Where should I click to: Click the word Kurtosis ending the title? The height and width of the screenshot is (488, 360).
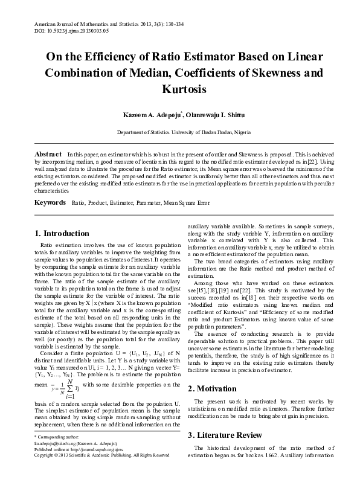click(179, 89)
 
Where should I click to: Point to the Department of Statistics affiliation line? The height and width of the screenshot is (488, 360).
click(179, 132)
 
